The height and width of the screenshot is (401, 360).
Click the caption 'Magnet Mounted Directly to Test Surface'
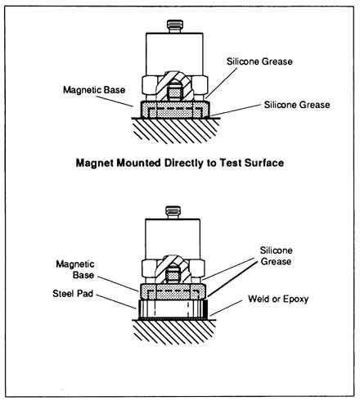(x=180, y=163)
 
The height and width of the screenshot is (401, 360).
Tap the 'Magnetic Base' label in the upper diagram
(x=94, y=90)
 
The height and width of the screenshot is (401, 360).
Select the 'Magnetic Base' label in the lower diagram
(x=75, y=269)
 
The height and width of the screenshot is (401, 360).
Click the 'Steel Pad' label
(x=73, y=294)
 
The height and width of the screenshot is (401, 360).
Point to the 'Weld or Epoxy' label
(x=278, y=299)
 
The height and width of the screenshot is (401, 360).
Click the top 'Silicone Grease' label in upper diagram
(x=259, y=61)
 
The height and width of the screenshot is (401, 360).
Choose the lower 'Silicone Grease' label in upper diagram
(x=297, y=105)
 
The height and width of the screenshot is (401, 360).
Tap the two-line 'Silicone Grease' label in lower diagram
(x=276, y=256)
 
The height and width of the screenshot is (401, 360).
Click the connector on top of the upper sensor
(x=174, y=26)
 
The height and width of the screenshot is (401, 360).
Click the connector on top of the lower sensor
(x=173, y=212)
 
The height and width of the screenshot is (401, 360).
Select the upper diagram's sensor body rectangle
(x=174, y=54)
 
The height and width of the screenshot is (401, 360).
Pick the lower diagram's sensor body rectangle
(x=173, y=239)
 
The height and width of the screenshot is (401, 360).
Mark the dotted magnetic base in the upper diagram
(x=175, y=110)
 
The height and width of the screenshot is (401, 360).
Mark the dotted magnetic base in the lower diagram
(x=173, y=291)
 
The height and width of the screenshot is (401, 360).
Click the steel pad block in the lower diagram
(x=172, y=309)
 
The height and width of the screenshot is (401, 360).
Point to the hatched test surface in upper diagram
(x=176, y=130)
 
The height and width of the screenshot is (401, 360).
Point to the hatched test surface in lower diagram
(x=174, y=332)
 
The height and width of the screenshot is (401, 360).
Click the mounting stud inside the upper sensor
(x=174, y=92)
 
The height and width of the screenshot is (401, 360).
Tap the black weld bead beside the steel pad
(x=206, y=309)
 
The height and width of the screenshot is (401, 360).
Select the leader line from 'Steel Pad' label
(x=116, y=302)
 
